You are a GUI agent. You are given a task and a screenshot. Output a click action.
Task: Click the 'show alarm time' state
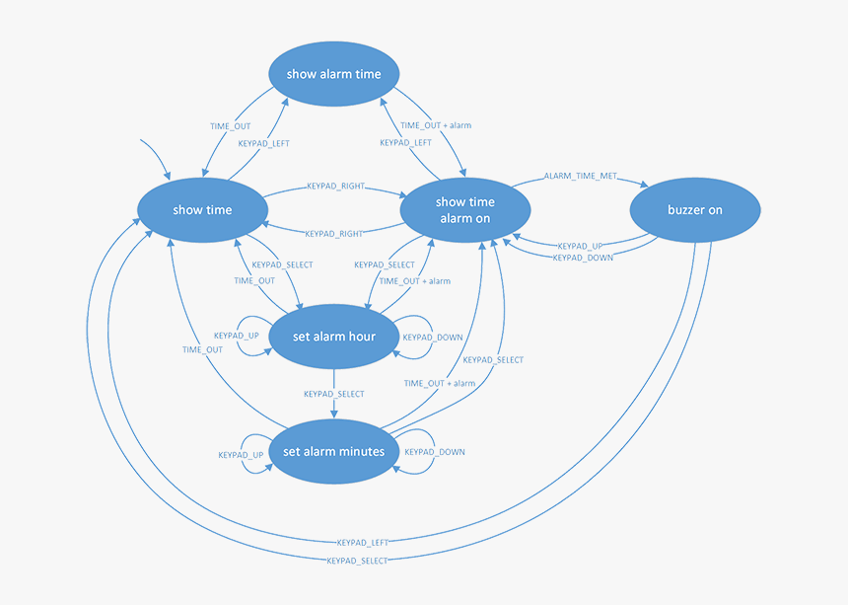[x=333, y=74]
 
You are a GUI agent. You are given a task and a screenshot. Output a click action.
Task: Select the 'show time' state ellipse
[x=202, y=209]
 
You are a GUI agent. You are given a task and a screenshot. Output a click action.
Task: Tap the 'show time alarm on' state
[x=463, y=210]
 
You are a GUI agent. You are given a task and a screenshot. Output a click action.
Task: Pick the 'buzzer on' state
[x=695, y=210]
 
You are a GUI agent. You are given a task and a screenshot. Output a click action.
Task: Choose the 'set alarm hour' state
[x=334, y=337]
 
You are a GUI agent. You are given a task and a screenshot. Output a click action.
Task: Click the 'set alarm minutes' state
[x=333, y=451]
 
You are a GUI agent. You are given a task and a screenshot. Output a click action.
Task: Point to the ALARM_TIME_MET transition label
[x=581, y=176]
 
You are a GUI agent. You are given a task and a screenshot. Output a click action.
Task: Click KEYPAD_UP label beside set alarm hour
[x=237, y=336]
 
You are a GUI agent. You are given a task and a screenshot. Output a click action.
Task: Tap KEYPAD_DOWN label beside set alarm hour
[x=433, y=338]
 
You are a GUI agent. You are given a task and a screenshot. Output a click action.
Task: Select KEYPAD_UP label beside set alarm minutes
[x=241, y=455]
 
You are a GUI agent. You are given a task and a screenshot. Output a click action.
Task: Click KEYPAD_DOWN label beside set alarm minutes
[x=435, y=452]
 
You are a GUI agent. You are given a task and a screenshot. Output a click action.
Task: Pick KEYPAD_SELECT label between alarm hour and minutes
[x=333, y=394]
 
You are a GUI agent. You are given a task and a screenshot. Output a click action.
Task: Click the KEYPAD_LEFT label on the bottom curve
[x=363, y=542]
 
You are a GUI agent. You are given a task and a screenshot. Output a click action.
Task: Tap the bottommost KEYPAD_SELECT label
[x=356, y=561]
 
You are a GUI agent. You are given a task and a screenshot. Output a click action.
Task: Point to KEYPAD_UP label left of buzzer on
[x=580, y=246]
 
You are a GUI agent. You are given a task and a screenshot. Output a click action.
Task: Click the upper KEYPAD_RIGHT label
[x=335, y=186]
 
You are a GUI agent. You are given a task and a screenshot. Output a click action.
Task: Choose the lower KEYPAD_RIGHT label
[x=333, y=234]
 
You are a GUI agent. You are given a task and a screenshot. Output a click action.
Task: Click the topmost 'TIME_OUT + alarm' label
[x=435, y=125]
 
